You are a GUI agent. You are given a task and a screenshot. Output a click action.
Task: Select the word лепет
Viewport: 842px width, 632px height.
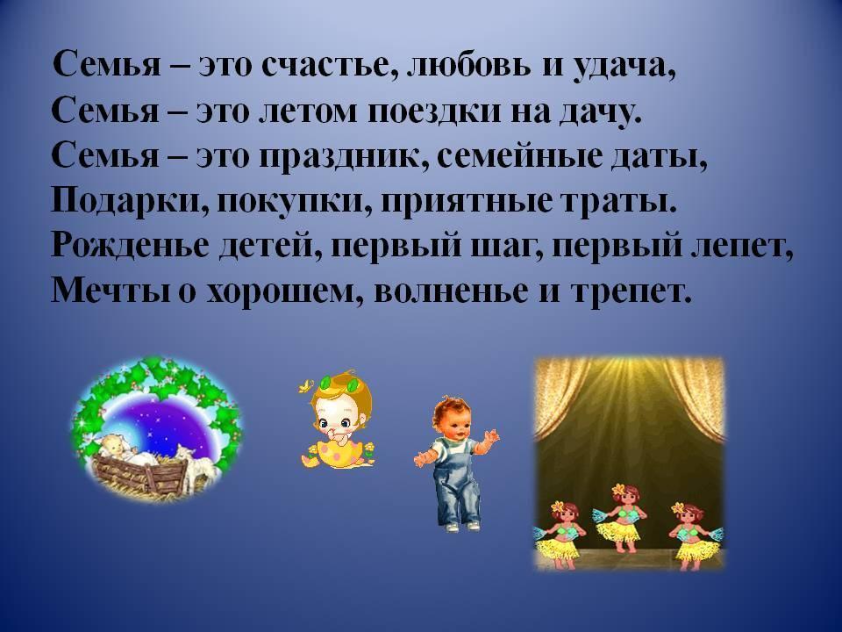tap(741, 248)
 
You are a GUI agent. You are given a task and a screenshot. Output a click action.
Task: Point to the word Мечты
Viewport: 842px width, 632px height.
tap(111, 291)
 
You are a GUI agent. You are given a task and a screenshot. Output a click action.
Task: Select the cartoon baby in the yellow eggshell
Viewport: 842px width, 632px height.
tap(337, 422)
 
